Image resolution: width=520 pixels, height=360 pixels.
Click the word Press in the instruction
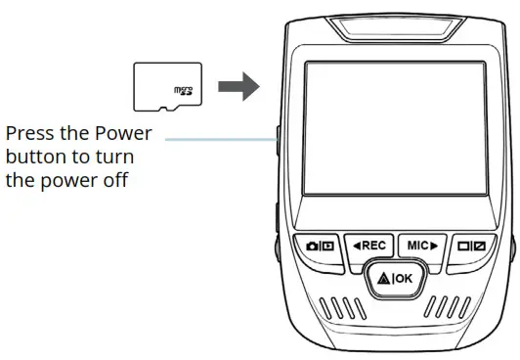click(x=29, y=134)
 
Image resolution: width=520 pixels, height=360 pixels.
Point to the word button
click(x=31, y=157)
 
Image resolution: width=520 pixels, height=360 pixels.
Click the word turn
click(x=114, y=157)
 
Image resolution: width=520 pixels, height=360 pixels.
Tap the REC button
click(x=370, y=245)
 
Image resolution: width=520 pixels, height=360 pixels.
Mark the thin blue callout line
click(x=220, y=139)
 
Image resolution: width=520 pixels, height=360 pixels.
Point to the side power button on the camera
click(x=278, y=144)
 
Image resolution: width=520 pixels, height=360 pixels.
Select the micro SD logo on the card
click(x=182, y=91)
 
